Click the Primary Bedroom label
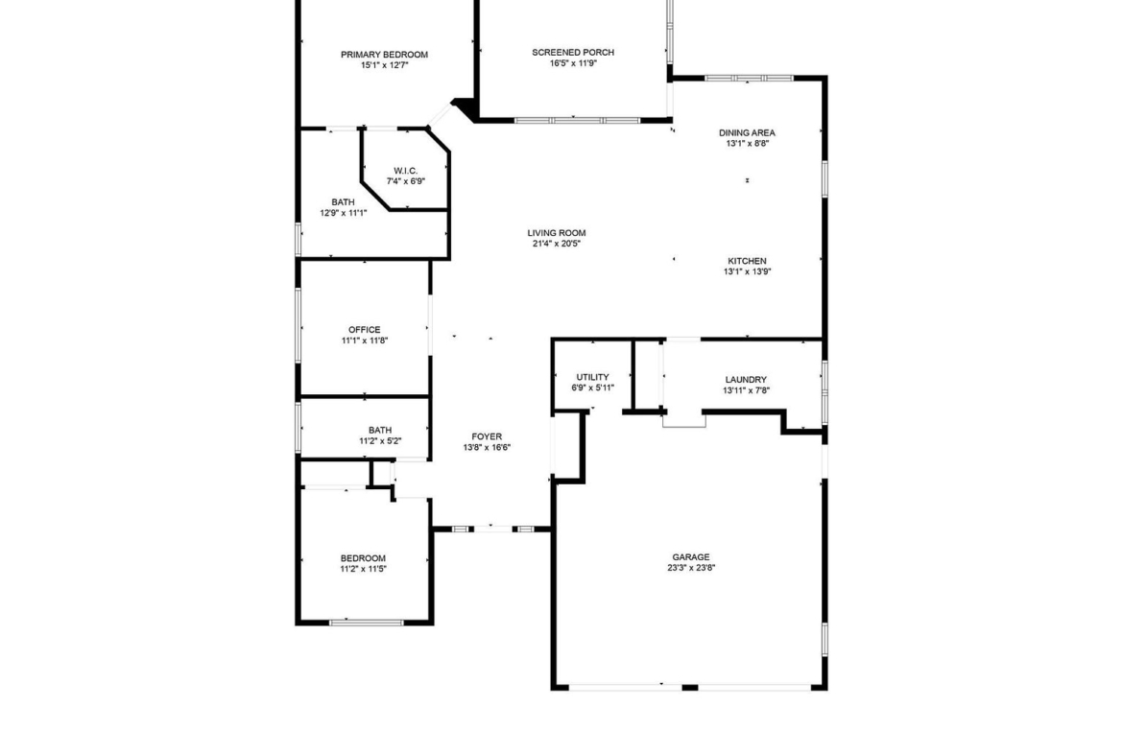pyautogui.click(x=384, y=55)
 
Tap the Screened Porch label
pyautogui.click(x=573, y=52)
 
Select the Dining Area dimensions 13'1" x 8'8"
pyautogui.click(x=747, y=143)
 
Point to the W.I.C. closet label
pyautogui.click(x=405, y=171)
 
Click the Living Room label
pyautogui.click(x=557, y=233)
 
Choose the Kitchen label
pyautogui.click(x=747, y=261)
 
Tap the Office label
pyautogui.click(x=365, y=330)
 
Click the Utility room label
pyautogui.click(x=592, y=377)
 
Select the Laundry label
pyautogui.click(x=746, y=380)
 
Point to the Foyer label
pyautogui.click(x=487, y=436)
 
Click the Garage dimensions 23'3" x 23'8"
pyautogui.click(x=691, y=568)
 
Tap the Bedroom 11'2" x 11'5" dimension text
pyautogui.click(x=363, y=569)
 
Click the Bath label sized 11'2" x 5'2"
pyautogui.click(x=379, y=430)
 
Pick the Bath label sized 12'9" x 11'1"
pyautogui.click(x=343, y=202)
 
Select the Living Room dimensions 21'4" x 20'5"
pyautogui.click(x=556, y=244)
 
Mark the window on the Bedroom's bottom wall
pyautogui.click(x=367, y=622)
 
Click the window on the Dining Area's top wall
pyautogui.click(x=749, y=78)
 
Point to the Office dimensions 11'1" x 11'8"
pyautogui.click(x=365, y=341)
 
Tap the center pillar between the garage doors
pyautogui.click(x=690, y=688)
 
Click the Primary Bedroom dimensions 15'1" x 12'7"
pyautogui.click(x=384, y=65)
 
